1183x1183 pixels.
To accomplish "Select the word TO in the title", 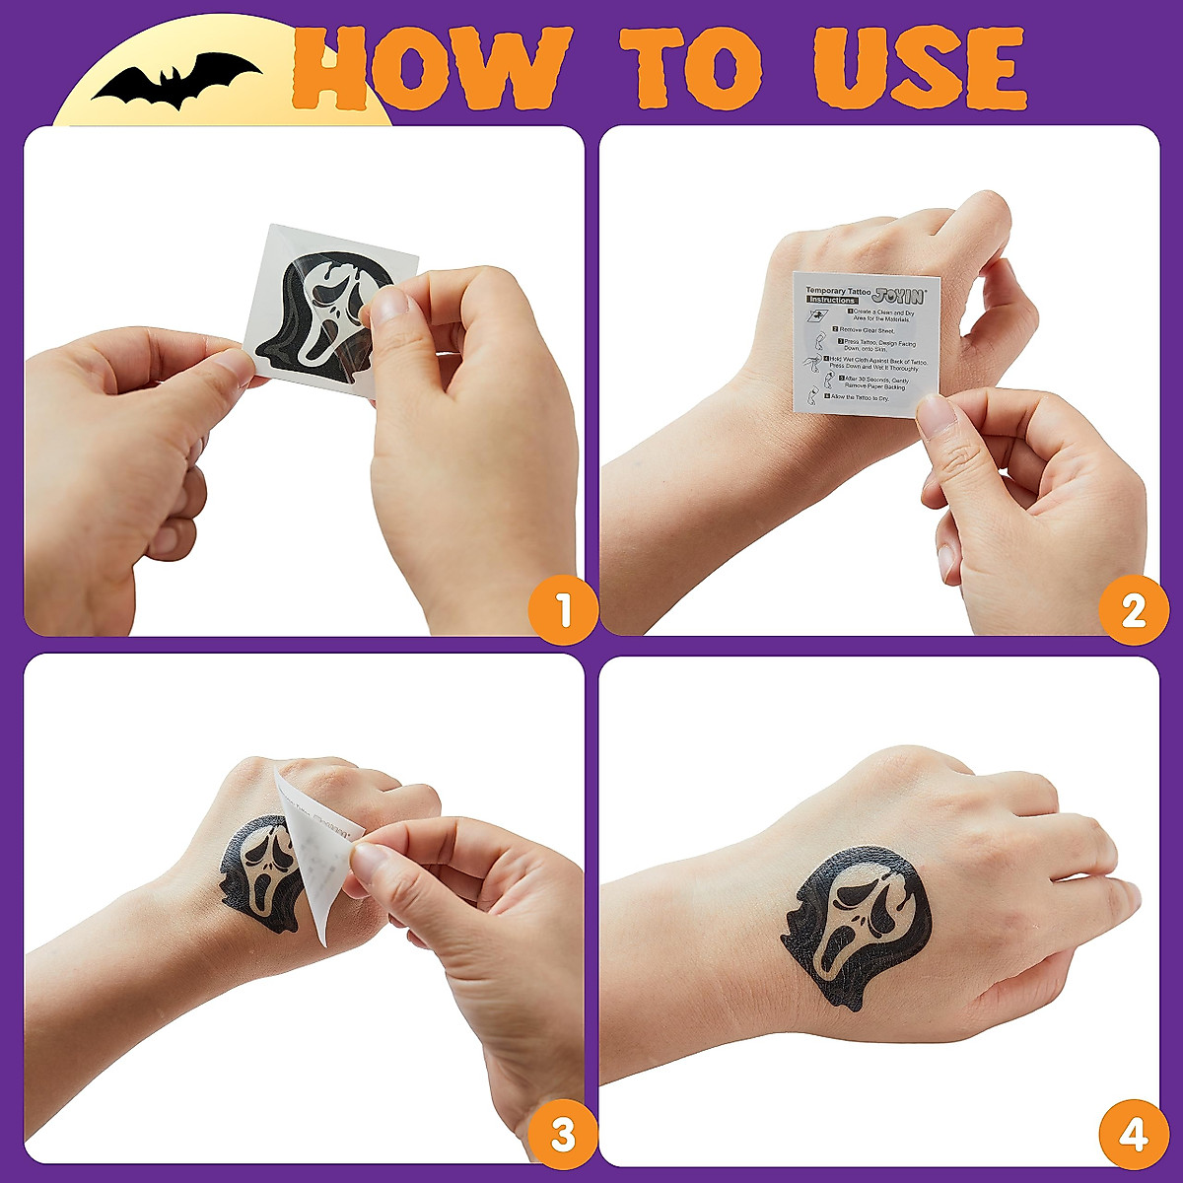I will pos(690,67).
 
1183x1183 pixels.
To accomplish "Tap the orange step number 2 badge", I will pos(1133,610).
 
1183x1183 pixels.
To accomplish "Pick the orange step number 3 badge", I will pos(563,1135).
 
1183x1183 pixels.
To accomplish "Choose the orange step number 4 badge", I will pos(1133,1135).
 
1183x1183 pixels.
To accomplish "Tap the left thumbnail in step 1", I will pos(235,367).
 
